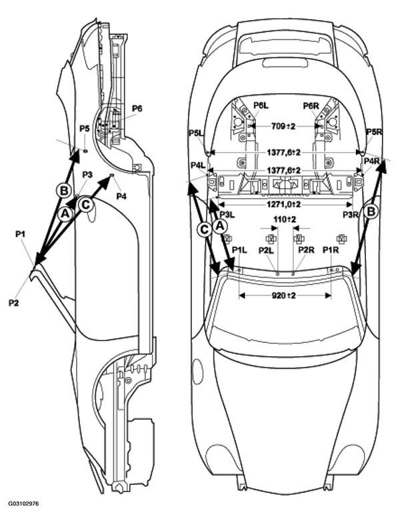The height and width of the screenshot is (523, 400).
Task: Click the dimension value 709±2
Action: click(x=283, y=127)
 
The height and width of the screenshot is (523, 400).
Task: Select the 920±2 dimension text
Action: click(x=283, y=296)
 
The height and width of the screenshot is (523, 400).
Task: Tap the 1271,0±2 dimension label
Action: click(x=284, y=204)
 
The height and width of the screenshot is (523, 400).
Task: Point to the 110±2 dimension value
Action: click(x=285, y=220)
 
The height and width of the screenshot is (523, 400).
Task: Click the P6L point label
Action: click(x=261, y=105)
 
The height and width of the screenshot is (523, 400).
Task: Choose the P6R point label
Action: click(x=311, y=105)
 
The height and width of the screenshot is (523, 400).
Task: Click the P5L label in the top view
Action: click(x=197, y=133)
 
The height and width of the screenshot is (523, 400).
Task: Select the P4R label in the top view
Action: click(x=372, y=161)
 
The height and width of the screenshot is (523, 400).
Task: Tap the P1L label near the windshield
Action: click(x=239, y=249)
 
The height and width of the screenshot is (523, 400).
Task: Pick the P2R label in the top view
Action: click(x=306, y=249)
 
